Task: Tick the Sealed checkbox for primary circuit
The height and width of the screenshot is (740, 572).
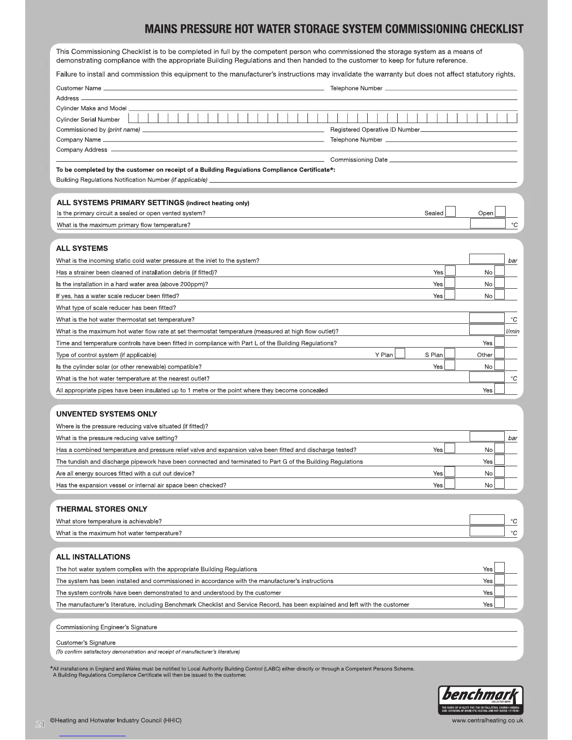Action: coord(450,212)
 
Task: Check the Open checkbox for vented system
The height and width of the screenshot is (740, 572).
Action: coord(500,212)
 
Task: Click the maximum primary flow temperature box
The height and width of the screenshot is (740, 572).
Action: coord(487,224)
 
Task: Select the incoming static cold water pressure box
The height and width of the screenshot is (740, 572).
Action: coord(486,259)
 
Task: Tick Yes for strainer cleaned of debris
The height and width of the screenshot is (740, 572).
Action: coord(450,271)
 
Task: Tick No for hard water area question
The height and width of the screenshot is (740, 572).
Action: coord(500,283)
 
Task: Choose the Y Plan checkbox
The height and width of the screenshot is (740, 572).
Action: coord(400,354)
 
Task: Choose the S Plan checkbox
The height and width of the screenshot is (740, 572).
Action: coord(450,354)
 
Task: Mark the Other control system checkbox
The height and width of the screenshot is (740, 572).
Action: coord(500,354)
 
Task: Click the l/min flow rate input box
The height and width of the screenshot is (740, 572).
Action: coord(486,330)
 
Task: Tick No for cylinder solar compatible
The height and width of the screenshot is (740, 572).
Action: coord(500,366)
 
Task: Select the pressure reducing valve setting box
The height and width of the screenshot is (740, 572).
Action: coord(487,437)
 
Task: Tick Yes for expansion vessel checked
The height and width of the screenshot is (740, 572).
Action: coord(450,484)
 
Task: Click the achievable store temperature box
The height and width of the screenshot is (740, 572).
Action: coord(487,520)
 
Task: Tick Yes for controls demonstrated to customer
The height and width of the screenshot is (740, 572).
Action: coord(500,592)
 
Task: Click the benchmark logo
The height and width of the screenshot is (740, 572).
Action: coord(480,700)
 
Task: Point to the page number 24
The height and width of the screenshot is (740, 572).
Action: coord(40,725)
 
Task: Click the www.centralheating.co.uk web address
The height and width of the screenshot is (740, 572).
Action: coord(487,720)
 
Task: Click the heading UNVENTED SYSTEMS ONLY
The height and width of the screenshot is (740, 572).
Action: coord(107,414)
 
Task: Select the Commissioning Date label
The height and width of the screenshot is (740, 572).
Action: coord(358,160)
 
